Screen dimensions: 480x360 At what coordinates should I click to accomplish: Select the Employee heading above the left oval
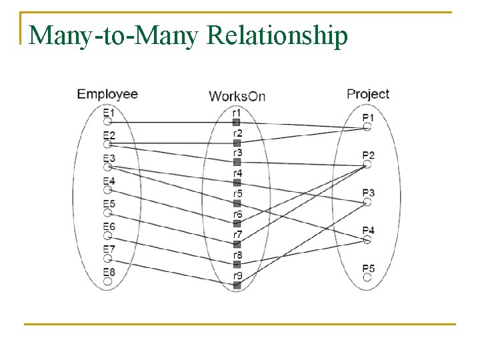pyautogui.click(x=107, y=93)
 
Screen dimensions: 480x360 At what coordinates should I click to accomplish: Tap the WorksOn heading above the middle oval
pyautogui.click(x=237, y=96)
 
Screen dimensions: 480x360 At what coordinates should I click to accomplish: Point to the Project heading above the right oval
pyautogui.click(x=368, y=93)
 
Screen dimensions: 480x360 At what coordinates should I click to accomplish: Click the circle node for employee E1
pyautogui.click(x=107, y=122)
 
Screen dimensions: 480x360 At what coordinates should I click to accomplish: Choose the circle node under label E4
pyautogui.click(x=107, y=190)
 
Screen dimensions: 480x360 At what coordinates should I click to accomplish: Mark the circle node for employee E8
pyautogui.click(x=107, y=281)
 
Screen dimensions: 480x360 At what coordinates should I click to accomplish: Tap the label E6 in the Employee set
pyautogui.click(x=109, y=227)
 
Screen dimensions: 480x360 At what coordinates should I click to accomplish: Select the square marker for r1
pyautogui.click(x=237, y=122)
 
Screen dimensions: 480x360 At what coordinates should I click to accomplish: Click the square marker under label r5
pyautogui.click(x=237, y=203)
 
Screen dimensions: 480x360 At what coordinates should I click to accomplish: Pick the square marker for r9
pyautogui.click(x=237, y=285)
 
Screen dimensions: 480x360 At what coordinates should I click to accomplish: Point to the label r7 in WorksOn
pyautogui.click(x=237, y=234)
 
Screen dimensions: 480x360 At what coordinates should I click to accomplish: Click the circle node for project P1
pyautogui.click(x=367, y=127)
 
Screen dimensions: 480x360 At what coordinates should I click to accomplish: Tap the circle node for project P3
pyautogui.click(x=367, y=202)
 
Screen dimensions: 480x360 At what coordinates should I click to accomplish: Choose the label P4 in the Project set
pyautogui.click(x=369, y=231)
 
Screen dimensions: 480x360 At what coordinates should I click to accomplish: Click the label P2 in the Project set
pyautogui.click(x=369, y=155)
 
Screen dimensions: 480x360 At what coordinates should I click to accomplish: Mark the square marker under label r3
pyautogui.click(x=237, y=162)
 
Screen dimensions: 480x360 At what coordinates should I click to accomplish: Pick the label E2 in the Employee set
pyautogui.click(x=109, y=136)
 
